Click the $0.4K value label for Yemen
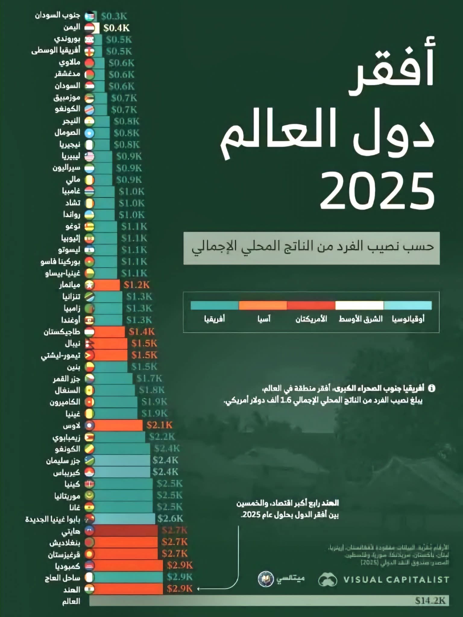point(116,28)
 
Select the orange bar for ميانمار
point(107,285)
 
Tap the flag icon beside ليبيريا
point(89,156)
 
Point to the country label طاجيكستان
point(62,332)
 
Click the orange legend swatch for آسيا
point(263,305)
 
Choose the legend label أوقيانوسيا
point(408,319)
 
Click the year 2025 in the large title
point(377,191)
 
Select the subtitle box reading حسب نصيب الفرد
point(311,248)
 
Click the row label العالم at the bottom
point(71,601)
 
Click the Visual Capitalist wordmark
point(396,579)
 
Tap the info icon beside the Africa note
point(432,388)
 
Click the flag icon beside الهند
point(89,589)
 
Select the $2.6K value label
point(170,518)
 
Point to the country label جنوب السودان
point(58,15)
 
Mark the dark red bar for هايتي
point(125,530)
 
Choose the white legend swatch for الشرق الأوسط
point(359,305)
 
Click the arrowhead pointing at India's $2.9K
point(198,588)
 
